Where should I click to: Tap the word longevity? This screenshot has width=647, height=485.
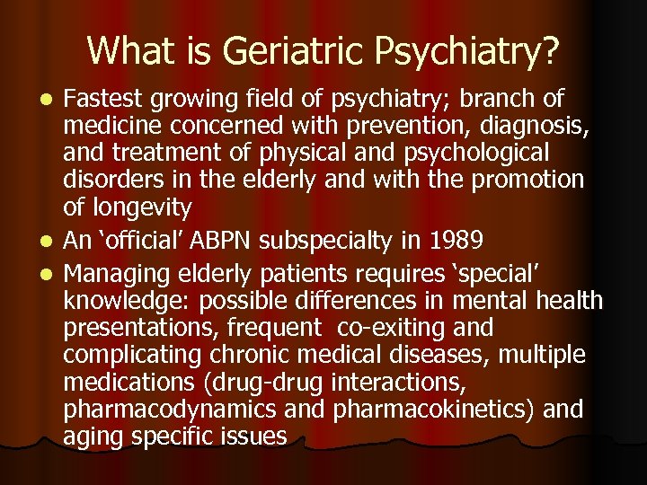141,209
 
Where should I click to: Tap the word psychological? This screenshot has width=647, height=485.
474,152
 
